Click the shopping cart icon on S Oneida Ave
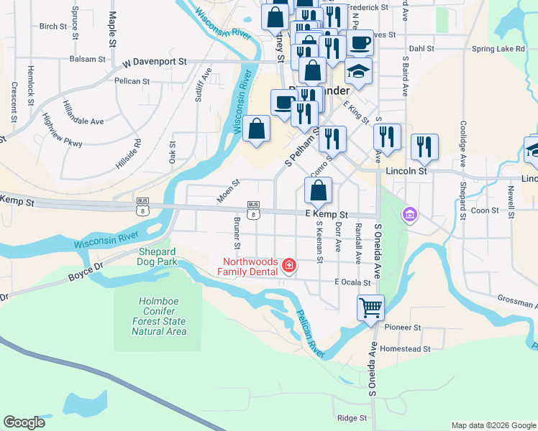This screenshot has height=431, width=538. (x=370, y=308)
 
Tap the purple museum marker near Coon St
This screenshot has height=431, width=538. (x=409, y=214)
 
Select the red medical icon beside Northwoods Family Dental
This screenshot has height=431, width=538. (x=289, y=267)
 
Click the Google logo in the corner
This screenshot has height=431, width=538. (x=24, y=422)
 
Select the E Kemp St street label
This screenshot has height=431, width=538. (x=326, y=214)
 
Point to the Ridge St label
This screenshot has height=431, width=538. (x=352, y=417)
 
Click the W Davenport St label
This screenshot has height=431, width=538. (x=154, y=62)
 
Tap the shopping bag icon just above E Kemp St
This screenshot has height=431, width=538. (x=318, y=191)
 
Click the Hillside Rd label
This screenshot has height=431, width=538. (x=127, y=154)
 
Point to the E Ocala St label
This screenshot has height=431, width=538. (x=352, y=283)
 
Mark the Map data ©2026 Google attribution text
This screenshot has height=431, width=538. (x=493, y=425)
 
